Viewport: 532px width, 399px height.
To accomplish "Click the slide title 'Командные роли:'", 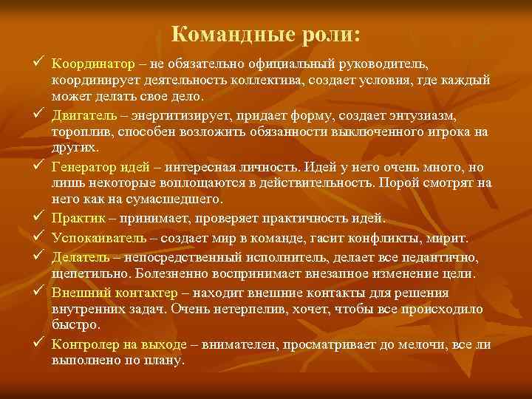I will (x=266, y=35).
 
